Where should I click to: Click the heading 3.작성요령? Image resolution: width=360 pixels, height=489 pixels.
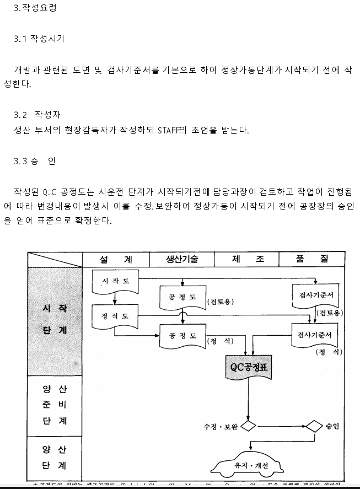[35, 8]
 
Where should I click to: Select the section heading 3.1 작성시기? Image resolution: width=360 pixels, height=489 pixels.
[39, 39]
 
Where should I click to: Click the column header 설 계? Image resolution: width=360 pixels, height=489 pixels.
[116, 259]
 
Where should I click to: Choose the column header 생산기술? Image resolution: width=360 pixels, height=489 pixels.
[182, 259]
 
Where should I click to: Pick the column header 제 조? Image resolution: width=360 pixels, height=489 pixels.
[246, 259]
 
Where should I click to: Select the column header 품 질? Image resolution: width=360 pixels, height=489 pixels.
[311, 259]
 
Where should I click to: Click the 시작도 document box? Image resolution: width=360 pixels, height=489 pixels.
[115, 281]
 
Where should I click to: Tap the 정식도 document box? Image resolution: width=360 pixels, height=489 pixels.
[115, 316]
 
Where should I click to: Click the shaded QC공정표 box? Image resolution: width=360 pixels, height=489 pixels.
[248, 367]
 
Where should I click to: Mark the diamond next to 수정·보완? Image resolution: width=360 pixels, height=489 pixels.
[248, 426]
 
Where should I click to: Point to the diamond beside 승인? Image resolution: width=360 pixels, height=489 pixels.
[314, 426]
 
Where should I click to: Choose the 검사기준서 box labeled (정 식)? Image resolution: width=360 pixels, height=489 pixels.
[314, 335]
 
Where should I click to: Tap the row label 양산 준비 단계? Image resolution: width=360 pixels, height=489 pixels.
[55, 405]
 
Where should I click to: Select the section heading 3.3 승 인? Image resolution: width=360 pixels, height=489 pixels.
[35, 162]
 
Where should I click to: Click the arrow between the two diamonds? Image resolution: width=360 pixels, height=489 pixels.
[281, 426]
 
